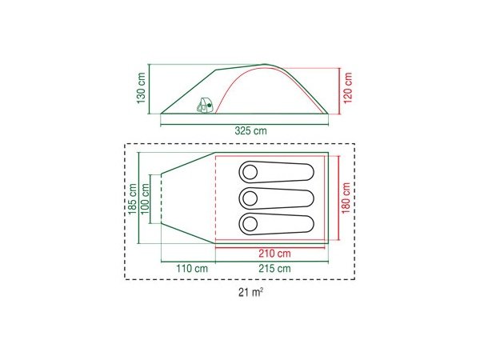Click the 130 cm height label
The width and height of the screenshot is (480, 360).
click(x=141, y=88)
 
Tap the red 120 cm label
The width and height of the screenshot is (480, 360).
click(x=348, y=88)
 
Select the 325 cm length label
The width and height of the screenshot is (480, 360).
click(x=250, y=130)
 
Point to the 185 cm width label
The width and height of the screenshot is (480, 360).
click(x=133, y=199)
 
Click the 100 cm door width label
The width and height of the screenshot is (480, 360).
click(x=145, y=199)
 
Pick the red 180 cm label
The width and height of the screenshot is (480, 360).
click(x=346, y=198)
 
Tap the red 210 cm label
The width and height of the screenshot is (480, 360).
click(x=274, y=254)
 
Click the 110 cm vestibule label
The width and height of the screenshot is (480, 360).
click(x=192, y=269)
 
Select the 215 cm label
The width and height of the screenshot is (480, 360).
click(x=274, y=269)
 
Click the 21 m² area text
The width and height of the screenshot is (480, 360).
click(x=250, y=292)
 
